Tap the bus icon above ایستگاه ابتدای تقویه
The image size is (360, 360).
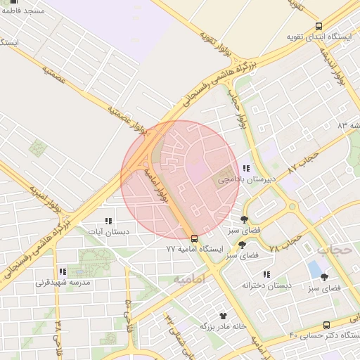click(x=319, y=26)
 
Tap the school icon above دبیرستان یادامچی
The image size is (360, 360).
click(x=245, y=168)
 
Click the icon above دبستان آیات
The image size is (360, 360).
click(x=108, y=220)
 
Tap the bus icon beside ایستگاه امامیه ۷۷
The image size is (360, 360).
click(x=195, y=238)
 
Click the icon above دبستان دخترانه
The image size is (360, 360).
click(x=266, y=274)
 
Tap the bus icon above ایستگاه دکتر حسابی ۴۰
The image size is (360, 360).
click(x=326, y=324)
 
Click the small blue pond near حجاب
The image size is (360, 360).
click(x=314, y=269)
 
